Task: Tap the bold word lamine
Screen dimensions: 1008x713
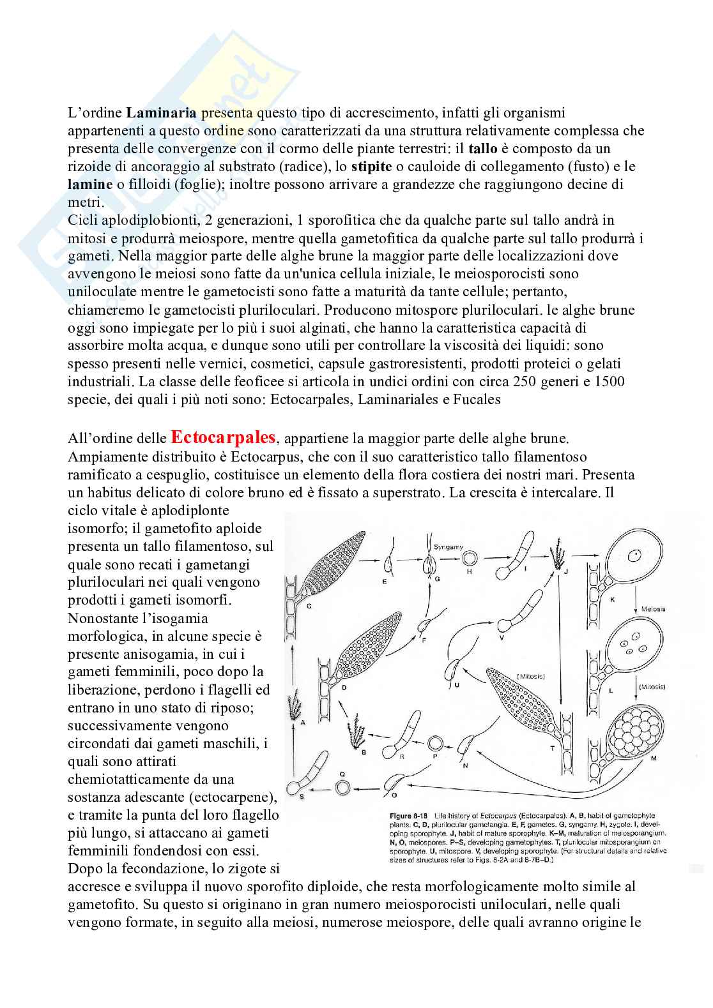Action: click(x=88, y=184)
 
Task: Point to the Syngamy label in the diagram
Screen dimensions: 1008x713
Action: click(x=448, y=547)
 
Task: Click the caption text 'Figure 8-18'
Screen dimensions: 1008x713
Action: click(x=410, y=816)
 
